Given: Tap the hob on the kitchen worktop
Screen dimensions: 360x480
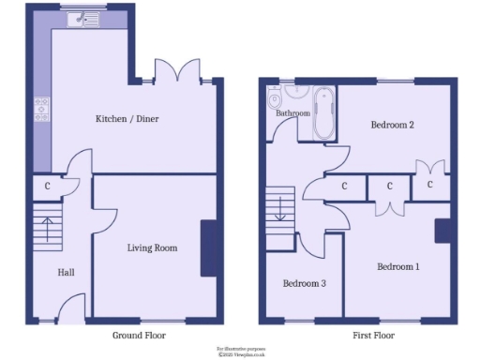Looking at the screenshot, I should point(41,110).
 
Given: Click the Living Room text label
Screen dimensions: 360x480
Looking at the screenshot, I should point(152,248).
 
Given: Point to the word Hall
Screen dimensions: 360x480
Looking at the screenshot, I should point(66,273).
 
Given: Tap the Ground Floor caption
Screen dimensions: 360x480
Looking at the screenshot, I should point(140,335).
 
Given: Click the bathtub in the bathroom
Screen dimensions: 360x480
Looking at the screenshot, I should point(322,114).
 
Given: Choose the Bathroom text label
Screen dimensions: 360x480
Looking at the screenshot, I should point(292,113).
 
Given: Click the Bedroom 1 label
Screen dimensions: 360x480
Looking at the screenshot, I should point(398,267).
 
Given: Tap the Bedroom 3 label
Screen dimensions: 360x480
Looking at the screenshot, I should point(304,283).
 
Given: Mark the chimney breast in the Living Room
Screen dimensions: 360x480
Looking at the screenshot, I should point(207,247).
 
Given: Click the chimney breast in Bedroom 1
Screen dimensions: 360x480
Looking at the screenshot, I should point(441,232).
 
